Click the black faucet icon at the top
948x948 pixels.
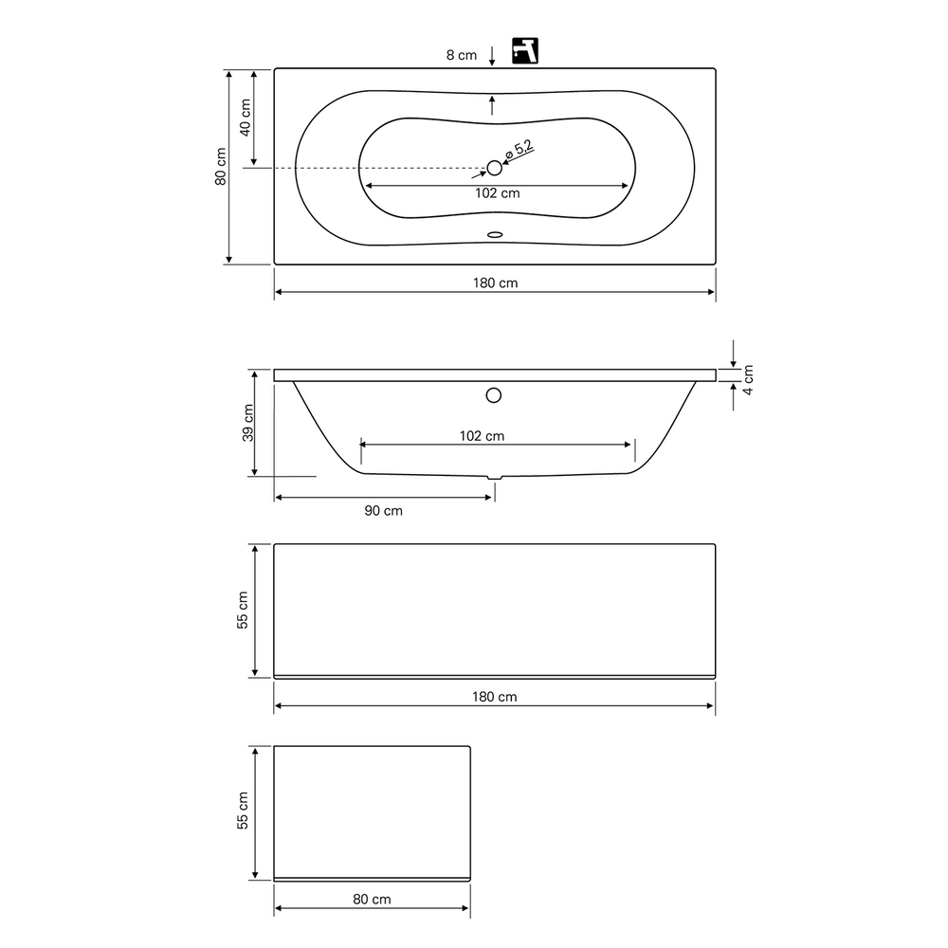pos(525,51)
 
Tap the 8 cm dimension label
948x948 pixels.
pos(462,55)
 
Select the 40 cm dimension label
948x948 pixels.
pos(246,118)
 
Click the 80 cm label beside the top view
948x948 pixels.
pos(221,166)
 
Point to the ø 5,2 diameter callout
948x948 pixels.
pos(520,149)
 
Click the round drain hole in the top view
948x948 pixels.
pos(495,168)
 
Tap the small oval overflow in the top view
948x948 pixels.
pos(495,234)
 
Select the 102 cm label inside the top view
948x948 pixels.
pos(497,192)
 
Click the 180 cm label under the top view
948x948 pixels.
pos(495,283)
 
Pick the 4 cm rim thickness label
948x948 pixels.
pos(748,380)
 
